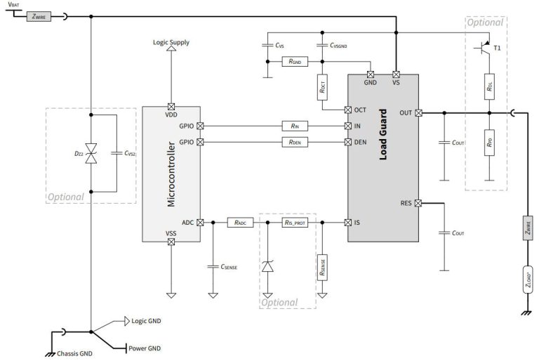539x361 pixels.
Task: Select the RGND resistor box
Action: pos(294,62)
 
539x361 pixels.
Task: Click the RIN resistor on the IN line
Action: pos(293,126)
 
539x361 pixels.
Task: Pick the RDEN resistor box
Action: pos(293,142)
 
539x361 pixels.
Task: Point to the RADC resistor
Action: pos(239,223)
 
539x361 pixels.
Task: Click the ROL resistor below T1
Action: pos(489,87)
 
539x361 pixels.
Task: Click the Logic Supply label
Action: pos(171,42)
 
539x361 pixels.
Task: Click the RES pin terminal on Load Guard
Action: pos(419,204)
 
